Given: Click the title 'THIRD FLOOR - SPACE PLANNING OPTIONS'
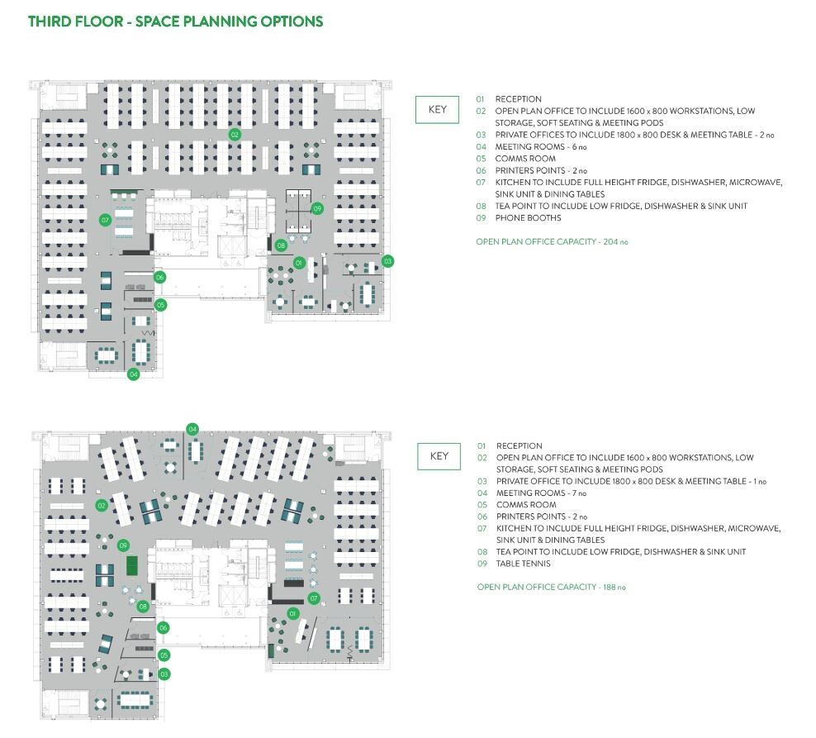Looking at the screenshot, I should coord(175,21).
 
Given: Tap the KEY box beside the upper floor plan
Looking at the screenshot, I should coord(437,110).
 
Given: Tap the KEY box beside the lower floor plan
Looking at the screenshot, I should coord(439,456).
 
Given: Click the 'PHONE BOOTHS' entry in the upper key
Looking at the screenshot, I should coord(528,218).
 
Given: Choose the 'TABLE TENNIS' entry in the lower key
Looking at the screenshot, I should coord(523,564).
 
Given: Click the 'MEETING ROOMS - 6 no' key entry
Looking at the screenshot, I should coord(541,146).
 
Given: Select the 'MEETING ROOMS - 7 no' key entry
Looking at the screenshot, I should coord(541,493).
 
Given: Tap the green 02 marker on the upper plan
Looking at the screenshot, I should coord(235,134).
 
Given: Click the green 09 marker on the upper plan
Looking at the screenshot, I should coord(317,209).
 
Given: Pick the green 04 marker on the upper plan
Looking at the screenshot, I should coord(133,374).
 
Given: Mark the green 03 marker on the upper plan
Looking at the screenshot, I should coord(387,261).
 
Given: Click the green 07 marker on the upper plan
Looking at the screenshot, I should coord(105,220).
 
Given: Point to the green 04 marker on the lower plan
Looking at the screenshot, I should coord(192,429).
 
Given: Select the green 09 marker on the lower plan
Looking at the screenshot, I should coord(123,545).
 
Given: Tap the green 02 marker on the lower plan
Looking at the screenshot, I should coord(102,505).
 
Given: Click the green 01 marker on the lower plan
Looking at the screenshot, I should coord(292,613).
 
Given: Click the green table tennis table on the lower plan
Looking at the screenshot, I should coord(132,565).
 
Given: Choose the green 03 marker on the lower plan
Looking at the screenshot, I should coord(164,674).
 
